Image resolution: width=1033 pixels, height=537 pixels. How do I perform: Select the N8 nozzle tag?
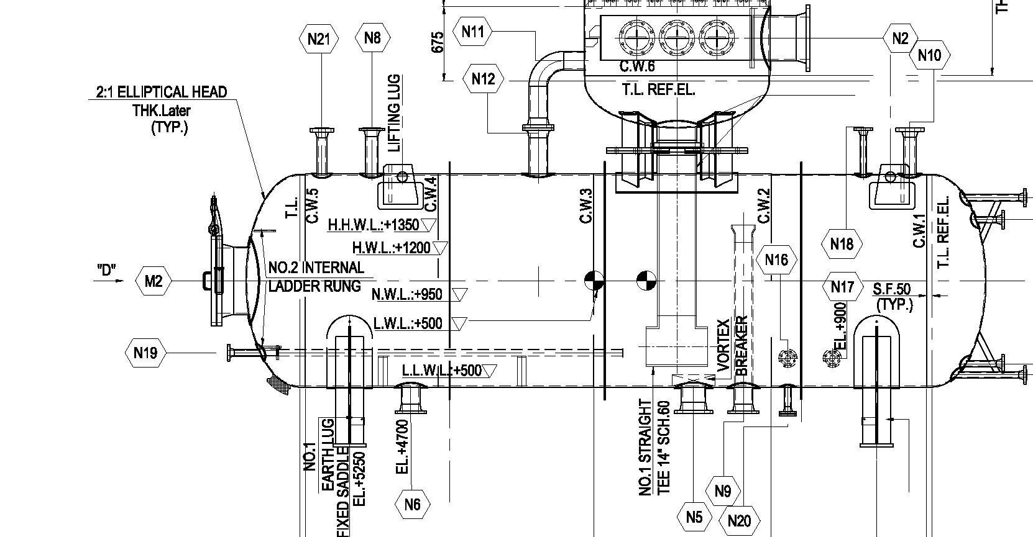[372, 38]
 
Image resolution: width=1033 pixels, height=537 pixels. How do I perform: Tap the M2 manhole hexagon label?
[154, 282]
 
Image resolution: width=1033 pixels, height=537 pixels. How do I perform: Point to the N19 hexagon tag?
[145, 353]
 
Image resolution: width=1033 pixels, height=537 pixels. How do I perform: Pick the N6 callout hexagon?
[412, 504]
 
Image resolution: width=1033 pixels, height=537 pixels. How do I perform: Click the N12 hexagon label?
[483, 79]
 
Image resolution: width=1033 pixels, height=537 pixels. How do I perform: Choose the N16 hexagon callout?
[776, 259]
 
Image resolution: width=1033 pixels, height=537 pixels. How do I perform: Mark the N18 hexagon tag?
[842, 244]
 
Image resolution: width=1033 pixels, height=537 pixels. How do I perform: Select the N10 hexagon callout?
[929, 55]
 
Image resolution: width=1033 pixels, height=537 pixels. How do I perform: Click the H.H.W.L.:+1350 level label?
[375, 224]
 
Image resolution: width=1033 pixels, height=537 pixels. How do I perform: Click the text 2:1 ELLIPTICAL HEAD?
[162, 93]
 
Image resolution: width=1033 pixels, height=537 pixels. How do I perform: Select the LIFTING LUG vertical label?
[395, 114]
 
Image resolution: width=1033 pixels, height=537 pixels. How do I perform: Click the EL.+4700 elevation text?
[402, 448]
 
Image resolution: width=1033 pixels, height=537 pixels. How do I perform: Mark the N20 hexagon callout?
[738, 520]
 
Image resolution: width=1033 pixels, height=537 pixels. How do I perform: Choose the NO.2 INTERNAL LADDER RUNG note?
[315, 277]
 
